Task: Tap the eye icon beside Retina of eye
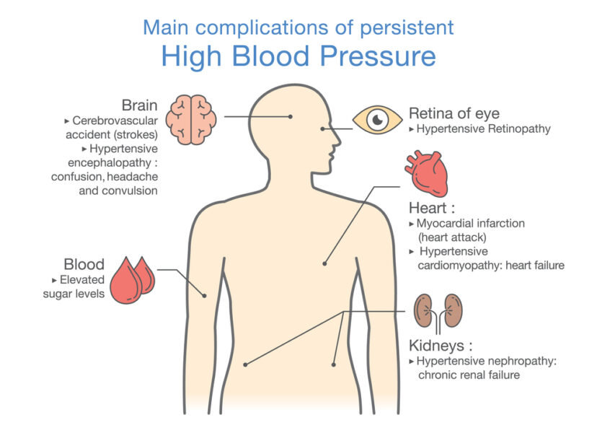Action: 377,120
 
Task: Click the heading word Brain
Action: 138,105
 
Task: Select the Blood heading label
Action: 84,264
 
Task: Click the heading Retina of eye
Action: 454,113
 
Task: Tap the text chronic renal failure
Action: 469,375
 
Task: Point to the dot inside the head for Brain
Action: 290,116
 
